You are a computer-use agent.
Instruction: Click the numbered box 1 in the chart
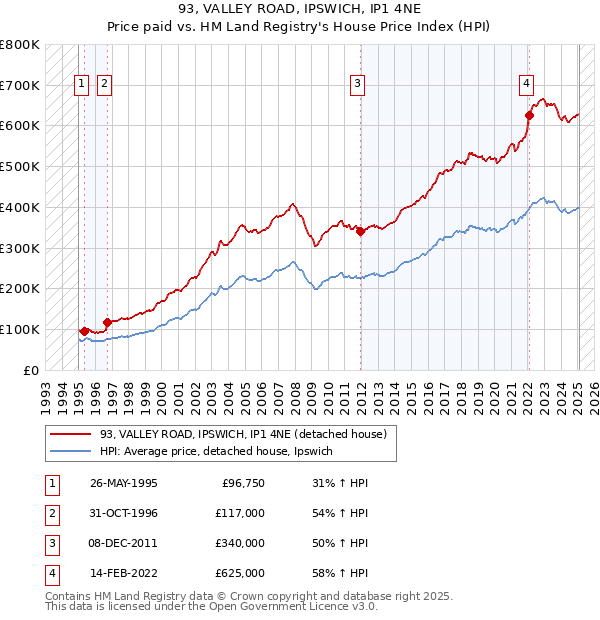click(80, 85)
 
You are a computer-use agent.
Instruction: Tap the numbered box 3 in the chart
click(357, 85)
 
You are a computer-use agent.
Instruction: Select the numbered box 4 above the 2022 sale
click(526, 85)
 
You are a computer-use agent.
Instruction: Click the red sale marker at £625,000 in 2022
click(529, 115)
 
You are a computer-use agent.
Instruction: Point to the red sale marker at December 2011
click(360, 231)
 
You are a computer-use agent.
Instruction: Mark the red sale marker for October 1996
click(106, 322)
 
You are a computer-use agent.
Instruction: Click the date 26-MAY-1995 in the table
click(124, 483)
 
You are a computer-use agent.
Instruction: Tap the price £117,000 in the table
click(240, 513)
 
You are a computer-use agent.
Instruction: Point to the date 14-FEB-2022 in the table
click(124, 573)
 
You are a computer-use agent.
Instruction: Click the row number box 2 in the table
click(51, 513)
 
